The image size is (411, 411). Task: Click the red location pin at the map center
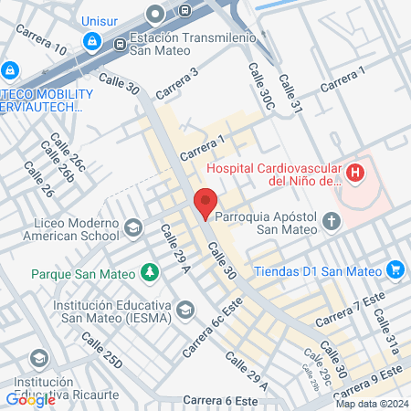click(205, 202)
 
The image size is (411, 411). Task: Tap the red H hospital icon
click(354, 172)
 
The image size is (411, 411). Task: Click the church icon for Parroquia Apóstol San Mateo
click(332, 220)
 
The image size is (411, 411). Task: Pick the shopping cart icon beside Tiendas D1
click(395, 269)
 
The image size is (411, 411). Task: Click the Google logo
click(30, 399)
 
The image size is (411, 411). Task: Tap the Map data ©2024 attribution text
click(372, 404)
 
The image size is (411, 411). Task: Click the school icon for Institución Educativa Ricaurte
click(39, 355)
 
